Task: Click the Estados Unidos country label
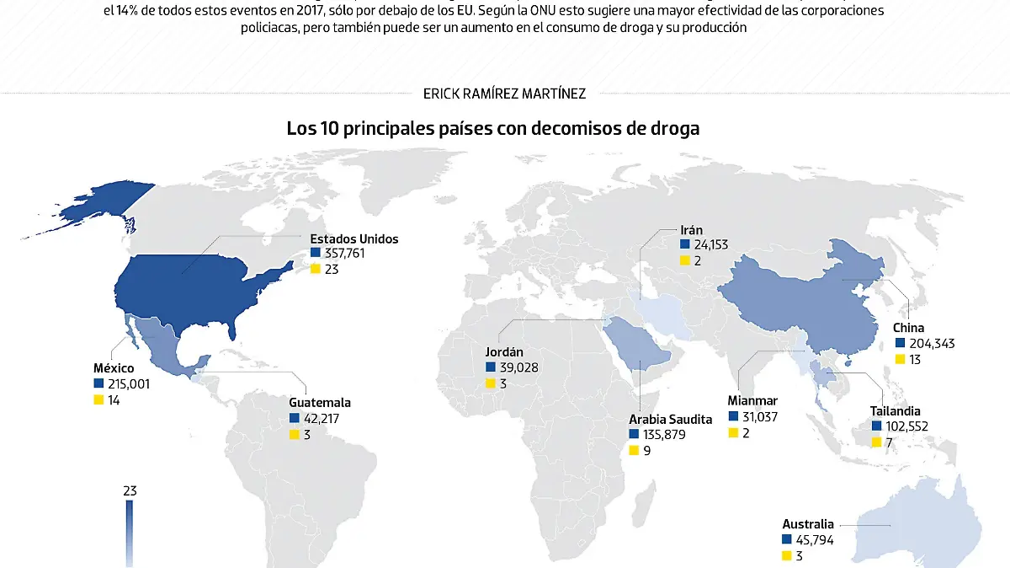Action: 353,238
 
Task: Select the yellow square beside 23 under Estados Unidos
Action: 316,269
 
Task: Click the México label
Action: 114,368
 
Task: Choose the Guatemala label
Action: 320,403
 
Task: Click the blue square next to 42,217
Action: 295,418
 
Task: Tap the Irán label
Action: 691,229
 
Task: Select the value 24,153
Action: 710,244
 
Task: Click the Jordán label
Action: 505,352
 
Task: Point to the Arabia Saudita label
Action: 670,419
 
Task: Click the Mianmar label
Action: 752,401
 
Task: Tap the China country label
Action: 909,328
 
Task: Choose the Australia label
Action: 808,524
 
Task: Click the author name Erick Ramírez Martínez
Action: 505,94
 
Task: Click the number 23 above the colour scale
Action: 129,490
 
